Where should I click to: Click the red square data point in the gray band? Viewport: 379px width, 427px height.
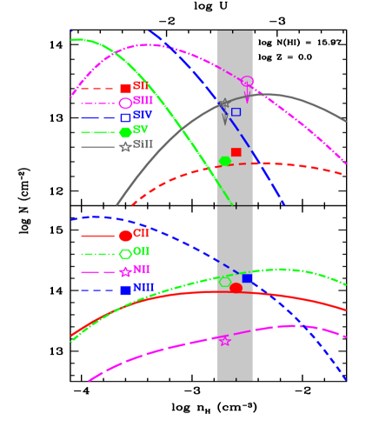pos(236,152)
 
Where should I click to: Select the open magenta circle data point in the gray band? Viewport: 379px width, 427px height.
pos(247,82)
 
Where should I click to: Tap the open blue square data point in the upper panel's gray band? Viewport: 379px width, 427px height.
pos(236,112)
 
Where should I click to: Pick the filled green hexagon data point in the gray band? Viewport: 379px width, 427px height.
pos(225,161)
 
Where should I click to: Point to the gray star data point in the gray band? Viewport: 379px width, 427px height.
pos(224,103)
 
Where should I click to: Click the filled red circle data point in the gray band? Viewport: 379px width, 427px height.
pos(236,288)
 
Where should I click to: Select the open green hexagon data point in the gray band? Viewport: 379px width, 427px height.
pos(225,281)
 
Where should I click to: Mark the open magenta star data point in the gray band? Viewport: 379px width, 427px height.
pos(225,341)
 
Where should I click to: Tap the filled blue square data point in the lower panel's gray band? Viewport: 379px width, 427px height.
pos(247,278)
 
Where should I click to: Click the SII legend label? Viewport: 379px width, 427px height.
pos(142,87)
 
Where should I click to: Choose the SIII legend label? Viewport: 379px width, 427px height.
pos(143,102)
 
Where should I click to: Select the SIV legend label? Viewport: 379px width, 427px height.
pos(143,116)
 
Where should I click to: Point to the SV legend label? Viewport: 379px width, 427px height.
pos(141,130)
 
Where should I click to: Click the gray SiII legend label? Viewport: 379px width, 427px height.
pos(143,145)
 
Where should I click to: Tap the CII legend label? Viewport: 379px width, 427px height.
pos(141,235)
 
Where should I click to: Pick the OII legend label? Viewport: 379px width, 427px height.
pos(141,252)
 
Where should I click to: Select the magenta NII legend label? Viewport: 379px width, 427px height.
pos(142,270)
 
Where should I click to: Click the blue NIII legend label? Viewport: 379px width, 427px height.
pos(143,289)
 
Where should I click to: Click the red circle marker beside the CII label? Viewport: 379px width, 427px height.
pos(125,236)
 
